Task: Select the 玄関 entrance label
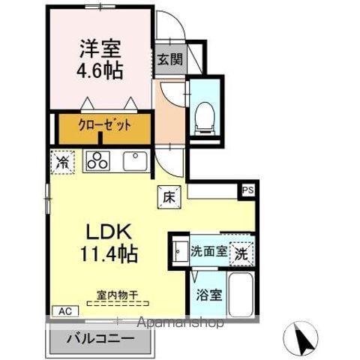click(x=167, y=60)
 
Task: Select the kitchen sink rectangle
click(x=135, y=160)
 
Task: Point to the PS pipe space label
click(x=247, y=190)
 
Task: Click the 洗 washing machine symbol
click(x=241, y=252)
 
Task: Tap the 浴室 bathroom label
click(x=208, y=294)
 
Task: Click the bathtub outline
click(x=240, y=296)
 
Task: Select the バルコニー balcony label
click(x=103, y=337)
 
